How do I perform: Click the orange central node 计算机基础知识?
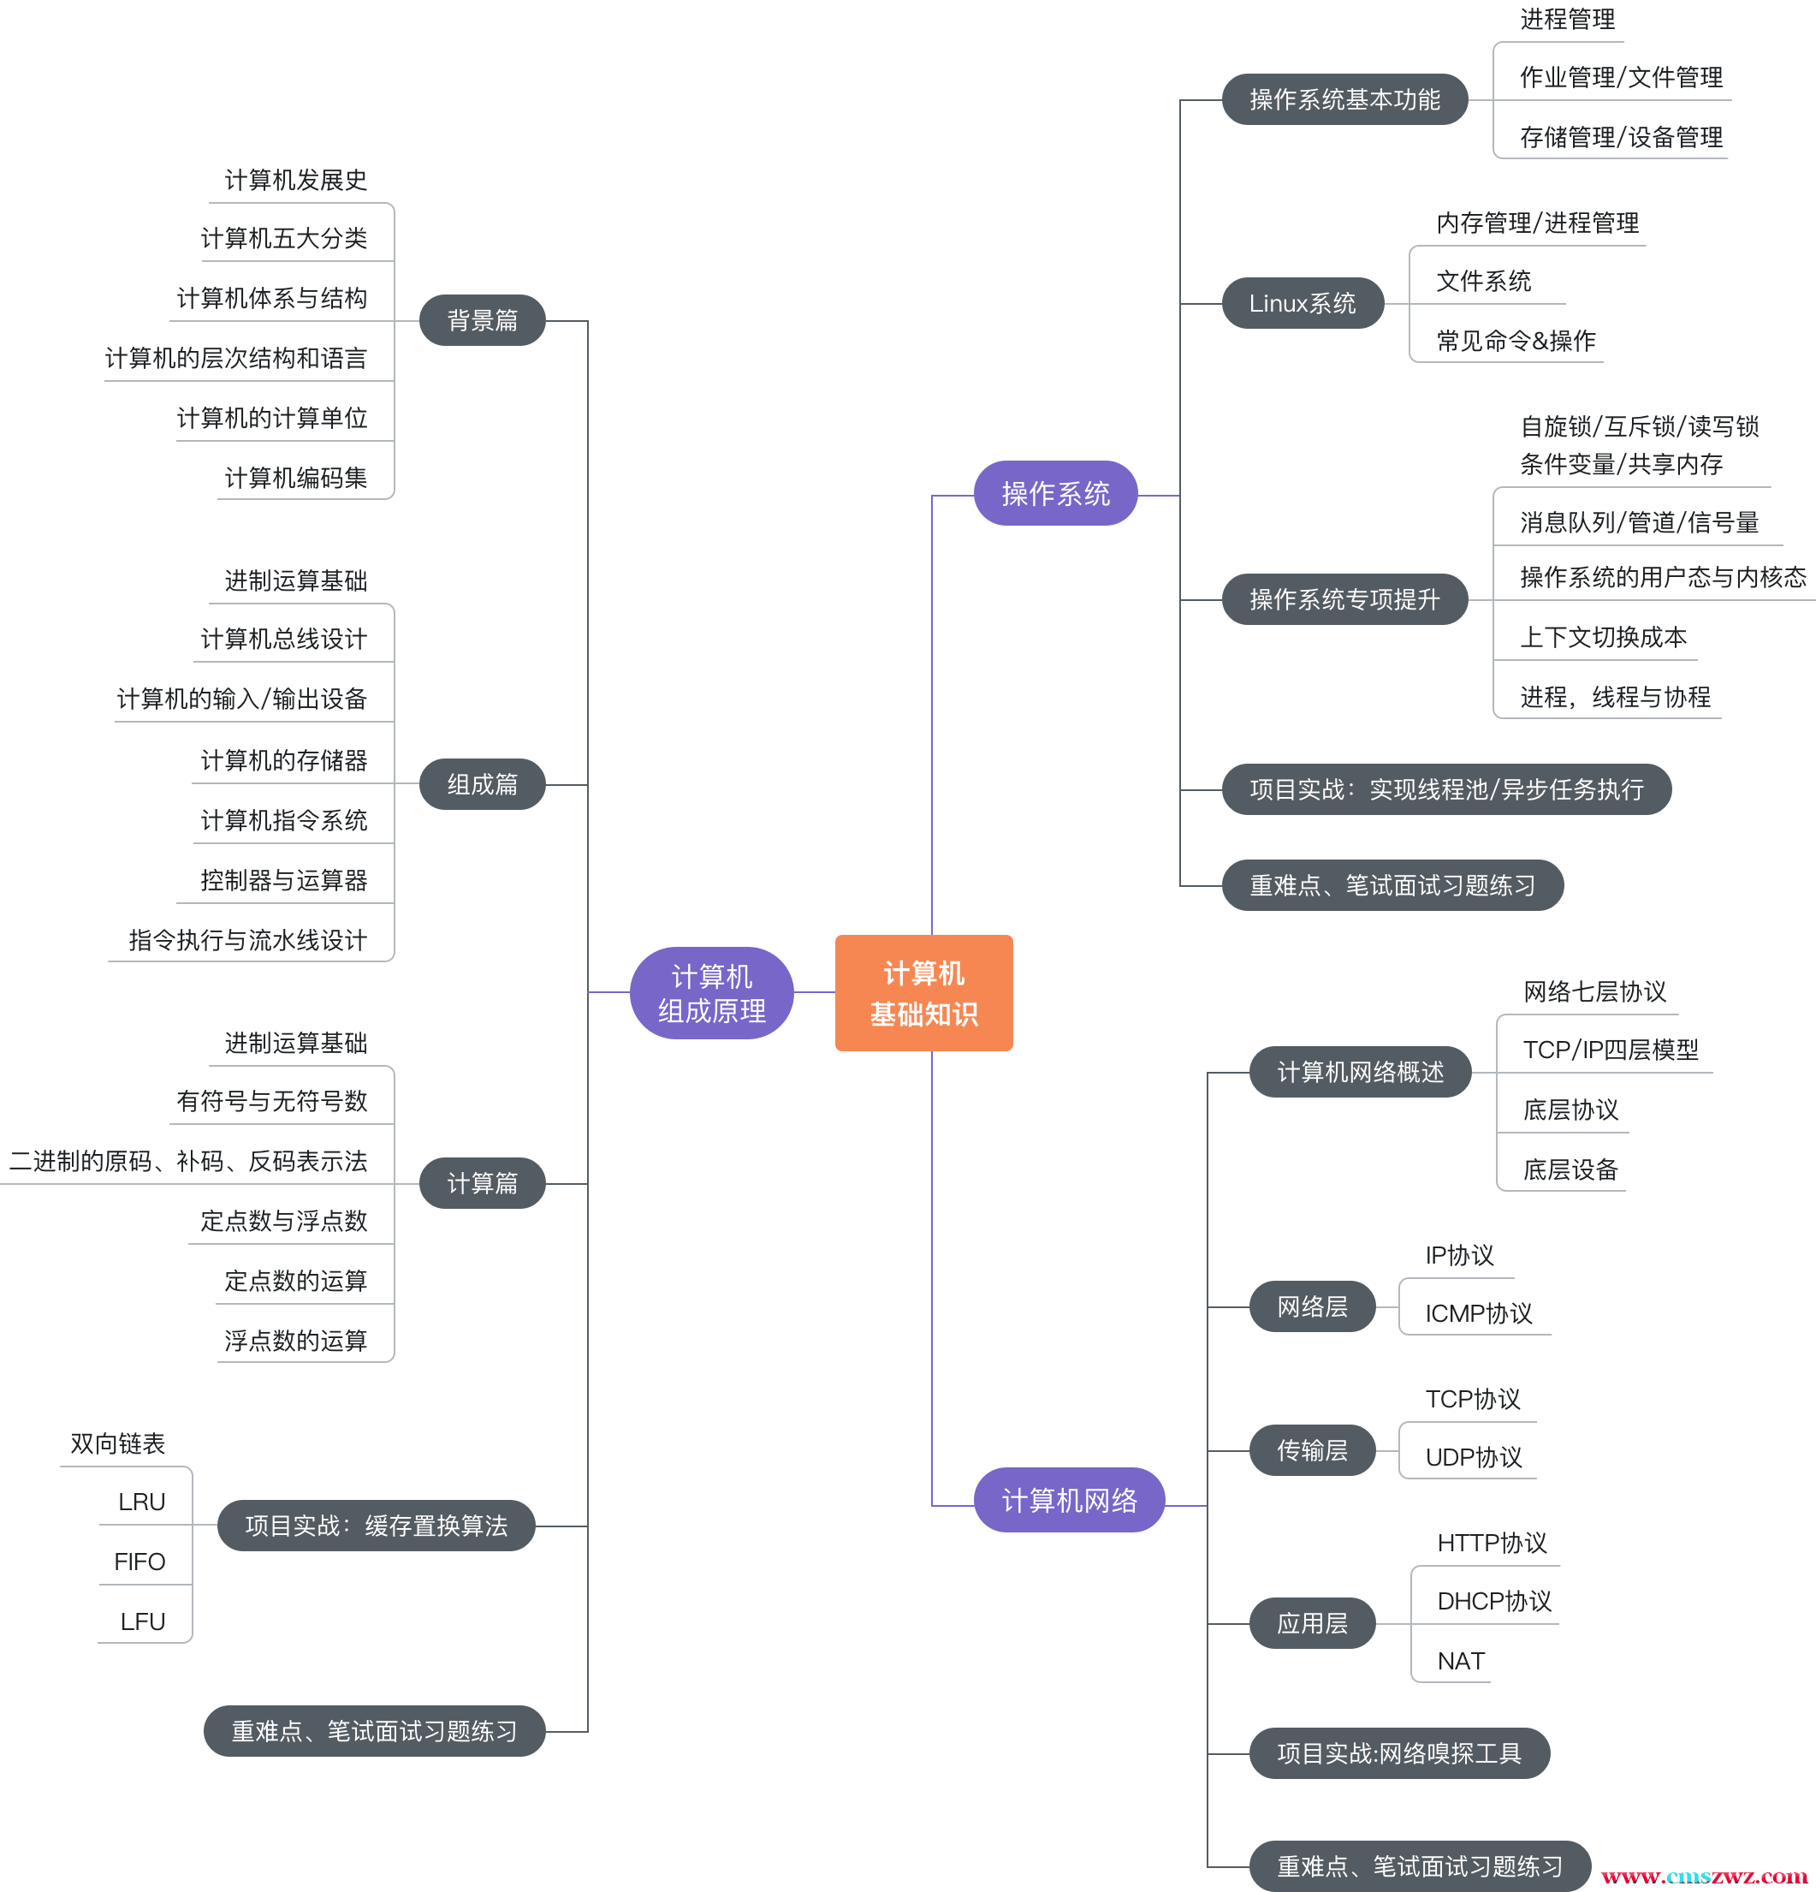[923, 992]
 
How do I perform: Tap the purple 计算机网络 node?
[1068, 1499]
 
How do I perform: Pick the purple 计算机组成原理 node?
[711, 992]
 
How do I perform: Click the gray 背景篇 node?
[482, 319]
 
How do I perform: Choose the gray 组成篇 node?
[482, 784]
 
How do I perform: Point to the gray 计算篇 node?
[482, 1182]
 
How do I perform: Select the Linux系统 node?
[1302, 303]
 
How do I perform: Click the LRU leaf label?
[142, 1502]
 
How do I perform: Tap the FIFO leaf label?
[139, 1562]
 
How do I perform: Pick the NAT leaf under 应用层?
[1460, 1662]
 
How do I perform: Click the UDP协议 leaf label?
[1473, 1456]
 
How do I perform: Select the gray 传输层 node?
[1311, 1450]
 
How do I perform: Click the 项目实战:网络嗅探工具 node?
[1398, 1753]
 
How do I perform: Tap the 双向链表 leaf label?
[118, 1443]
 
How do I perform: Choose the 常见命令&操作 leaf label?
[1515, 341]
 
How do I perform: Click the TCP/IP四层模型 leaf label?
[1610, 1050]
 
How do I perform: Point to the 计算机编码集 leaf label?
[295, 478]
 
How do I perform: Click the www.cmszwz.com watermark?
[1703, 1876]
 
